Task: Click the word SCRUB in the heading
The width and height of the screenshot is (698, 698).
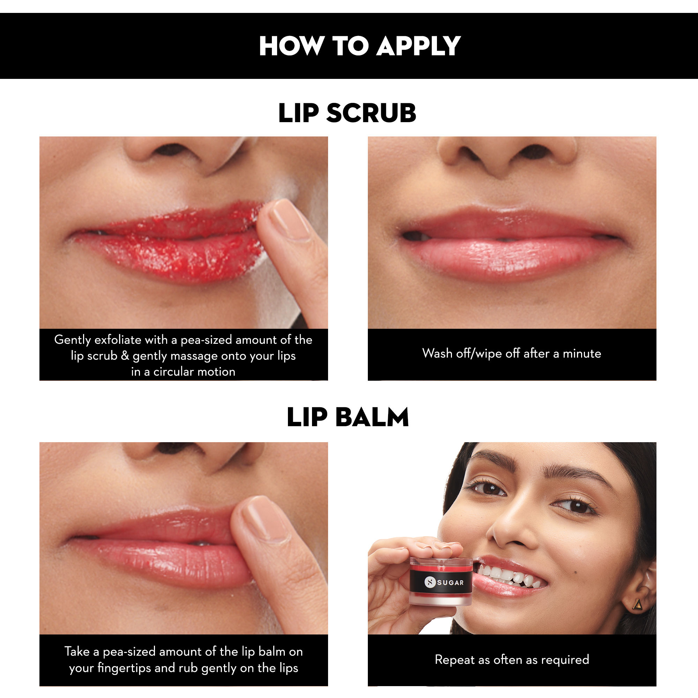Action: [371, 113]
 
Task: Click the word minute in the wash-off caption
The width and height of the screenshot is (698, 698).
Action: [582, 353]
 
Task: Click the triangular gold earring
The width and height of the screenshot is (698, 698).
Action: [638, 604]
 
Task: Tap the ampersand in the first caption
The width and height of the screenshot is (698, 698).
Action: [125, 356]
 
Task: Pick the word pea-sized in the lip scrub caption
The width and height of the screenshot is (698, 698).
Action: [206, 340]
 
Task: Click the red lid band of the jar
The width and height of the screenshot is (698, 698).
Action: [441, 567]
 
